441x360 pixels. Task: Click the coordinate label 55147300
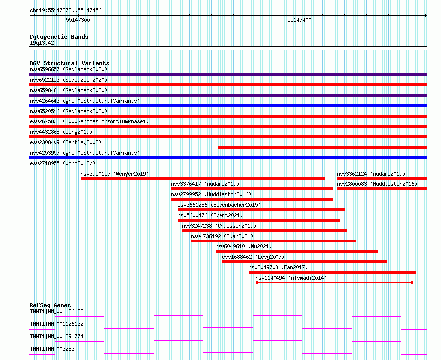click(78, 20)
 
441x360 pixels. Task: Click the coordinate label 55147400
click(299, 20)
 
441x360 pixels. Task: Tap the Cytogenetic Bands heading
click(58, 37)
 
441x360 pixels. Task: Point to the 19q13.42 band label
click(42, 43)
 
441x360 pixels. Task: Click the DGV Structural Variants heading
click(69, 63)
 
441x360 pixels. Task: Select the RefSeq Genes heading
click(50, 305)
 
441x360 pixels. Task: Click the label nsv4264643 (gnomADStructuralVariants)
click(85, 101)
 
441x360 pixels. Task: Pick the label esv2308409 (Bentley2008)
click(65, 142)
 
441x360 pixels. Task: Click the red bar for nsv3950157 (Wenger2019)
click(202, 179)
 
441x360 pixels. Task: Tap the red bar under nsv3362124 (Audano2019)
click(382, 179)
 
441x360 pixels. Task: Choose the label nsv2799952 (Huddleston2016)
click(211, 194)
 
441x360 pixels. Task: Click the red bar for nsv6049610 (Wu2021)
click(296, 251)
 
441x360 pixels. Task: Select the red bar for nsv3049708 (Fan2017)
click(332, 272)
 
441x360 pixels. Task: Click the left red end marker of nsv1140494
click(257, 283)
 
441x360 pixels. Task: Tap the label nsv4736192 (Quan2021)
click(222, 236)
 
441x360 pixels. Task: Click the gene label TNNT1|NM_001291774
click(56, 336)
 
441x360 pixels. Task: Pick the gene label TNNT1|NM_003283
click(52, 349)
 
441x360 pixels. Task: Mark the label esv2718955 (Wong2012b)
click(62, 163)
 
